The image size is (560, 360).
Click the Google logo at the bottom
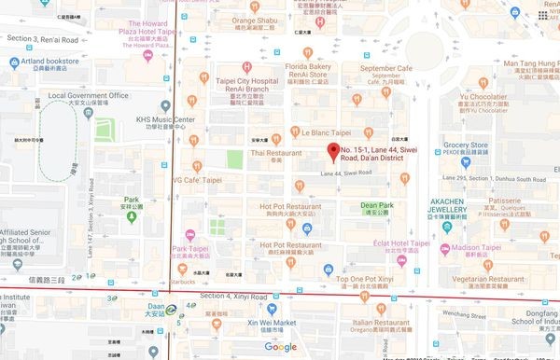pos(279,347)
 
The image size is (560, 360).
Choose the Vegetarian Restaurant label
pos(504,278)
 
